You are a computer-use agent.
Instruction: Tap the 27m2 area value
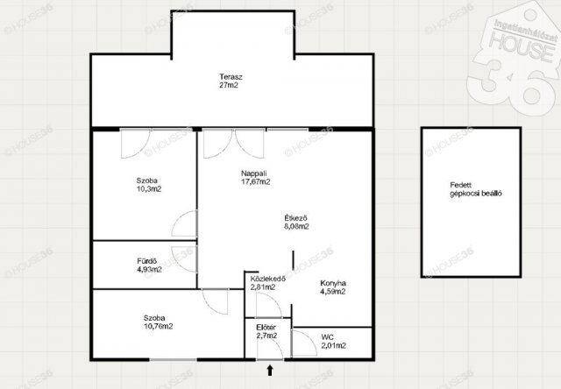pos(229,86)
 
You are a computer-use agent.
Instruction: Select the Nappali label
pos(253,173)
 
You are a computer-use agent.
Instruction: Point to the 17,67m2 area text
pos(255,181)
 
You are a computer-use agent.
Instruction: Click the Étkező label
pos(295,218)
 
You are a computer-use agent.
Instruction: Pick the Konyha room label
pos(333,283)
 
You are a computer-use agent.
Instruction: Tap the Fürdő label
pos(146,261)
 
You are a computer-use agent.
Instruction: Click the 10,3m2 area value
pos(149,189)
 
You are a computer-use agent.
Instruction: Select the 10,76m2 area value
pos(158,326)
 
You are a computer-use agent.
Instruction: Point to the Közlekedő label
pos(267,279)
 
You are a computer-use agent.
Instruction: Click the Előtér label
pos(266,328)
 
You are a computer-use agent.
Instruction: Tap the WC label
pos(327,337)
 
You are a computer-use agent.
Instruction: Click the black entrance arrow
pos(270,370)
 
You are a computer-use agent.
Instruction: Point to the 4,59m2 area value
pos(333,292)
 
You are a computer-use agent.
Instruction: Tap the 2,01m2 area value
pos(333,346)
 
